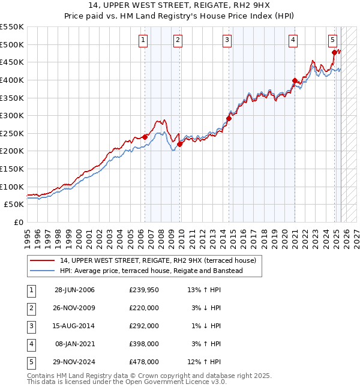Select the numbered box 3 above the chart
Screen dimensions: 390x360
click(x=227, y=40)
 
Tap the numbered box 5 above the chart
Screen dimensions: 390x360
click(x=332, y=40)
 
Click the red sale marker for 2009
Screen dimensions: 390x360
click(x=180, y=144)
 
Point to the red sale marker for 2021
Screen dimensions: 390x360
click(x=294, y=80)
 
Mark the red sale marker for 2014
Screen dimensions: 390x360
click(x=229, y=118)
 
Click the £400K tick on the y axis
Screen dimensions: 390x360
click(x=12, y=80)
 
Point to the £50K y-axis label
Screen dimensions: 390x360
click(x=14, y=205)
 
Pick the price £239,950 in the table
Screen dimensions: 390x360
click(x=143, y=290)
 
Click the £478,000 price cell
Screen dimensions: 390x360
click(x=143, y=362)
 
